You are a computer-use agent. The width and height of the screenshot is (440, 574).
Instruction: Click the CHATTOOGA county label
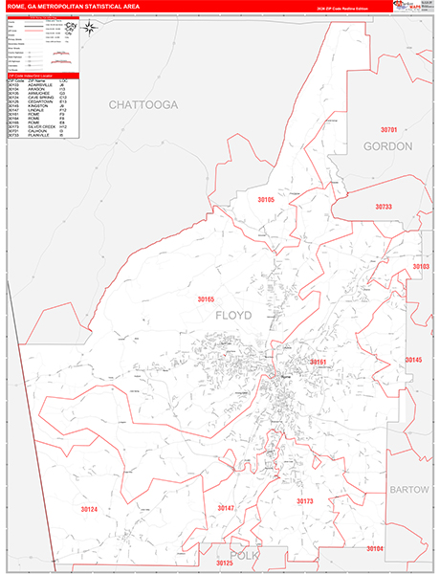point(143,103)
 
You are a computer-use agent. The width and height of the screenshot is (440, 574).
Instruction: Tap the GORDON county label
point(387,146)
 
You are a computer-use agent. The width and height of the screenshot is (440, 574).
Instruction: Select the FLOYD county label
point(233,315)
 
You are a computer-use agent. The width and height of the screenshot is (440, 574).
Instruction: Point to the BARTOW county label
point(409,489)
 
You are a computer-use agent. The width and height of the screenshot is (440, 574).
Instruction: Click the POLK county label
point(238,555)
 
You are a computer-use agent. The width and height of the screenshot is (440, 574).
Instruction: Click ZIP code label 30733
point(384,207)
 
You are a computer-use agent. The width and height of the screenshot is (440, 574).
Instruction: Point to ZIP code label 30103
point(421,267)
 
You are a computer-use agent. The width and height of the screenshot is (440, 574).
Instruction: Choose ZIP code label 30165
point(207,299)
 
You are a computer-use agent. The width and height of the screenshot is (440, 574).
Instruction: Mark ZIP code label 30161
point(319,363)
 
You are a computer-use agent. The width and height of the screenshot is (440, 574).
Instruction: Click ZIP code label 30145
point(413,360)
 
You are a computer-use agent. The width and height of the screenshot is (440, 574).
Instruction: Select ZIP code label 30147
point(226,507)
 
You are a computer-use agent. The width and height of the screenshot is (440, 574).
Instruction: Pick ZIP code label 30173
point(304,500)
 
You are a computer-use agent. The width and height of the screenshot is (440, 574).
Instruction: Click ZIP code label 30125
point(226,564)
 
